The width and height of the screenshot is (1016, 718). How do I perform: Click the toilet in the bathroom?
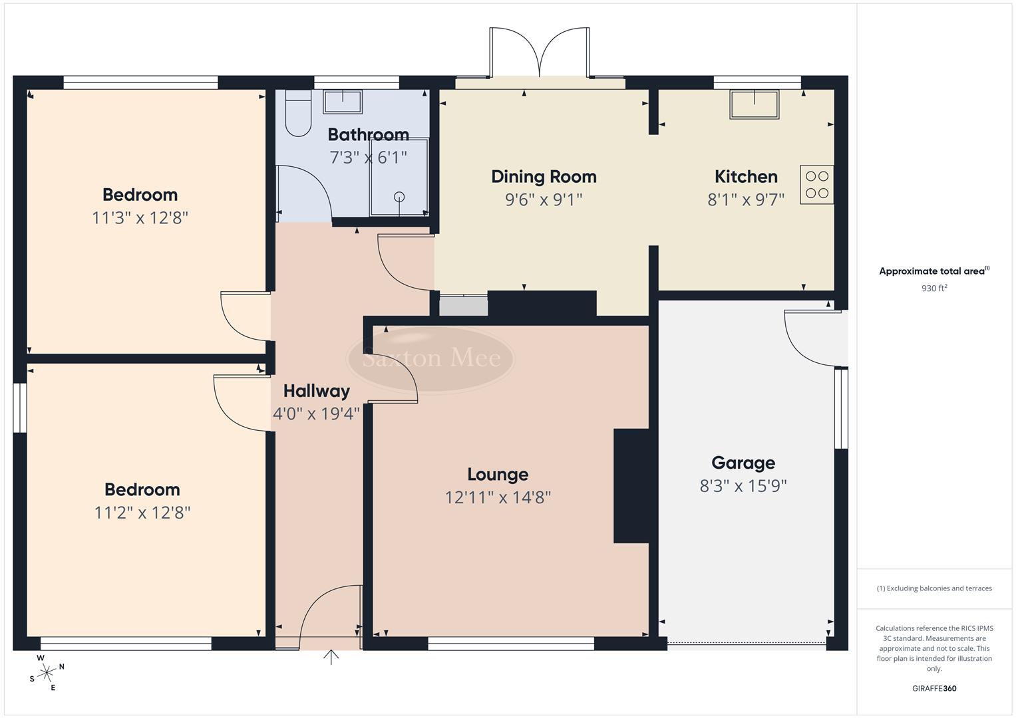coord(297,114)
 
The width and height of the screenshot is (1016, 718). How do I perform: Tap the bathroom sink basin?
coord(343,102)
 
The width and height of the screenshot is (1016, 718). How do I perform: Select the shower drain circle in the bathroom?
coord(399,196)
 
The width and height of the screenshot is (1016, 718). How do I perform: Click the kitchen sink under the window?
coord(754,104)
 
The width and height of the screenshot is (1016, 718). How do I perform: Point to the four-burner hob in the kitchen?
coord(816,184)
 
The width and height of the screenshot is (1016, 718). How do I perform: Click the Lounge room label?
coord(498,475)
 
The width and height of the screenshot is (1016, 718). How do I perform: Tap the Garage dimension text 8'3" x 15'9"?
coord(743,486)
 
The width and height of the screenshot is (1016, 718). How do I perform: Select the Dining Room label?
coord(544,177)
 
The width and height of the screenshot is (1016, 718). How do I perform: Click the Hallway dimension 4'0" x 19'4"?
coord(316,414)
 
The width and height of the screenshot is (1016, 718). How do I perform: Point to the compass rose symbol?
coord(47,673)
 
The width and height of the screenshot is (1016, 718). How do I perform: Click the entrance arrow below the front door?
coord(331,658)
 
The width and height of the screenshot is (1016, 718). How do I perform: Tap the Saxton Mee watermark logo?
coord(431,359)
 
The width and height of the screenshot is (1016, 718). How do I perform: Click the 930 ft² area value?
coord(933,289)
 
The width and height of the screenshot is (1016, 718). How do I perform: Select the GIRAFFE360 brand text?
coord(933,689)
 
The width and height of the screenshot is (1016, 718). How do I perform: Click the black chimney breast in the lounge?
coord(630,486)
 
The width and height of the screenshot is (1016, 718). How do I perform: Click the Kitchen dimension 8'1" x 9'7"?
coord(746,199)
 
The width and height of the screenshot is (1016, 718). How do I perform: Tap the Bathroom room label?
coord(368,135)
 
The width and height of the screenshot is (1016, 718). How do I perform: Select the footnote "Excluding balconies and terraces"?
coord(933,588)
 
